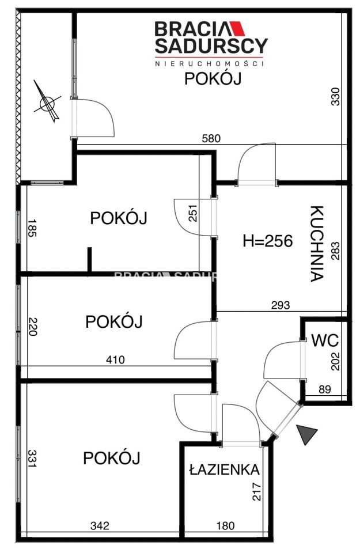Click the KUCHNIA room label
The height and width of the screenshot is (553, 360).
point(315,244)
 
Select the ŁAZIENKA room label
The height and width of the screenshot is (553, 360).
point(224,469)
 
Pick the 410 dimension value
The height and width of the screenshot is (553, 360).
point(115,360)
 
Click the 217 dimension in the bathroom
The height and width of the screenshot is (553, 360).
point(257,491)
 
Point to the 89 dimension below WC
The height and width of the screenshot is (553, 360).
point(325,390)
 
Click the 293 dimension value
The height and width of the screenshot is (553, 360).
point(281,305)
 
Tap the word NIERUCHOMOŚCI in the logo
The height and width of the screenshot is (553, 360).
point(210,63)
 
